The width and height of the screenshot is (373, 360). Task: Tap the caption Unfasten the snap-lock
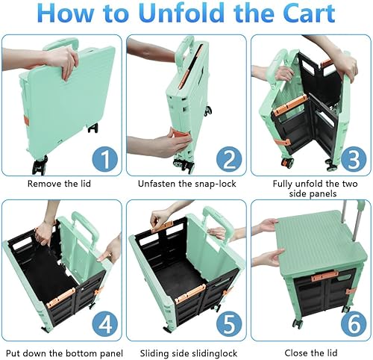185,183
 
